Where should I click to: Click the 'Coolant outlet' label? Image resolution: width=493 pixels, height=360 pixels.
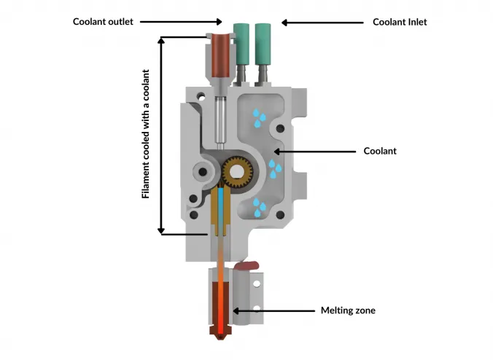pos(103,22)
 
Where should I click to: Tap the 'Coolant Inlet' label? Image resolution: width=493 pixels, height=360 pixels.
pos(400,22)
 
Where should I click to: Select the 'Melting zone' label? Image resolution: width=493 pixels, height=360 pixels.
pos(348,310)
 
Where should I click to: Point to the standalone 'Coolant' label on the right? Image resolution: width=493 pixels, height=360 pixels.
pos(381,152)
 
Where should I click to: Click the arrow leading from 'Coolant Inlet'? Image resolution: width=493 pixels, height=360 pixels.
pos(321,22)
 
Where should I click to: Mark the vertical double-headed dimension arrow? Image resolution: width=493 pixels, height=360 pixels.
pos(161,135)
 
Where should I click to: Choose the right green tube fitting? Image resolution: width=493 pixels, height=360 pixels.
pos(264,43)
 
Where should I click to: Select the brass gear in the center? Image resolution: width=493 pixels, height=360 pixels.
pos(238,171)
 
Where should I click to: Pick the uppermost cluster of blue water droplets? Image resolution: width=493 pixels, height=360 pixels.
pos(257,118)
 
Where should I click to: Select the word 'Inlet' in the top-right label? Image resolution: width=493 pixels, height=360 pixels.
pos(414,22)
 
